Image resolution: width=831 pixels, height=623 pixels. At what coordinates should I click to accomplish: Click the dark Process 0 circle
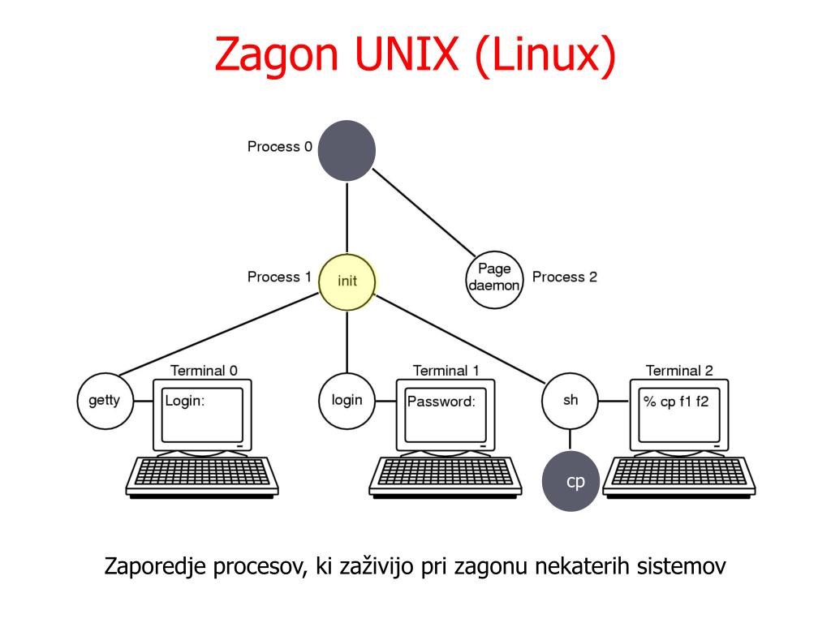pyautogui.click(x=347, y=150)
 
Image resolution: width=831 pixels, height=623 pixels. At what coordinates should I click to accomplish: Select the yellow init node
pyautogui.click(x=347, y=281)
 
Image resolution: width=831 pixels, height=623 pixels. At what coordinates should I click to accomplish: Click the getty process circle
pyautogui.click(x=104, y=400)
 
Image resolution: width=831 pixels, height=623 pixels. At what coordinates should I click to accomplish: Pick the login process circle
pyautogui.click(x=347, y=400)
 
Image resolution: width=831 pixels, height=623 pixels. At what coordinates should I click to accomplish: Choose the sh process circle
pyautogui.click(x=571, y=400)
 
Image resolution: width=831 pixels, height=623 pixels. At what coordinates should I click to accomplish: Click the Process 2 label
pyautogui.click(x=564, y=277)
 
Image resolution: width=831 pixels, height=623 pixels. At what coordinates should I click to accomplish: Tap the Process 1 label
pyautogui.click(x=279, y=277)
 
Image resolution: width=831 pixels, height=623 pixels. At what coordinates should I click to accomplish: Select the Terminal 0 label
pyautogui.click(x=204, y=371)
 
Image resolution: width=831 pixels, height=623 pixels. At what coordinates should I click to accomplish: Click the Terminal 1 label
pyautogui.click(x=446, y=371)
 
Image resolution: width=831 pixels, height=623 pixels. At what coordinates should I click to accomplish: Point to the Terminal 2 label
pyautogui.click(x=679, y=371)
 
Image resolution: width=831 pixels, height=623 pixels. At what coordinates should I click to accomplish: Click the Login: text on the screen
pyautogui.click(x=185, y=401)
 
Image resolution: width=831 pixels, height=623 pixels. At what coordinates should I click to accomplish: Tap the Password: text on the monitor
pyautogui.click(x=441, y=402)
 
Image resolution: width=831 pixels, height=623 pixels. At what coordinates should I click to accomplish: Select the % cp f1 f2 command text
pyautogui.click(x=676, y=402)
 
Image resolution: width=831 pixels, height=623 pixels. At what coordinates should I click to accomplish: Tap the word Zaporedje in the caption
pyautogui.click(x=155, y=565)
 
